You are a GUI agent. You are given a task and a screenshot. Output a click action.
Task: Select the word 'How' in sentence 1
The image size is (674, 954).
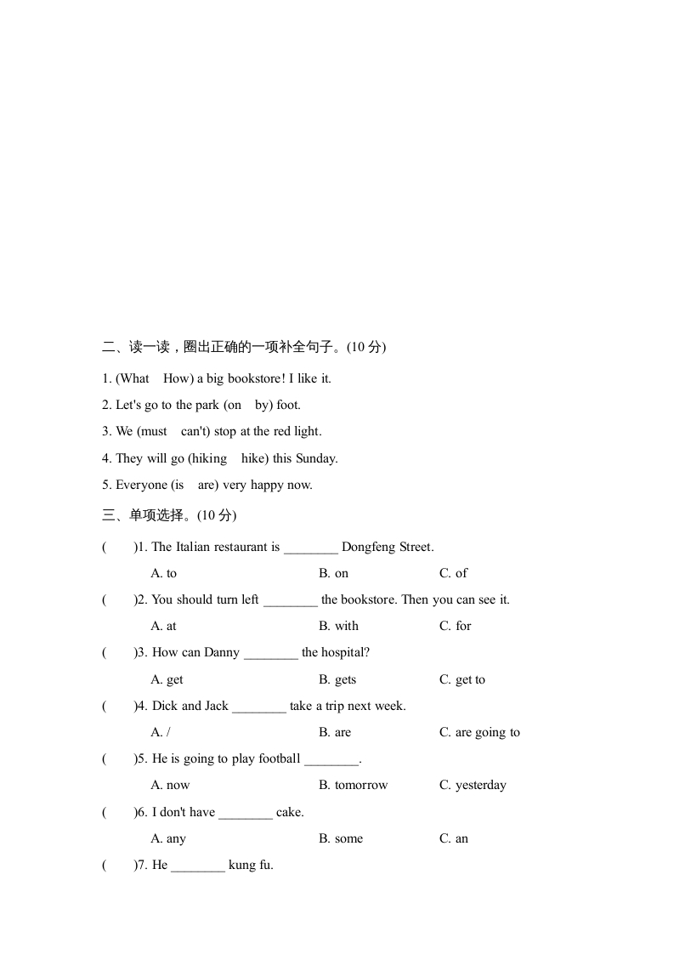pos(178,378)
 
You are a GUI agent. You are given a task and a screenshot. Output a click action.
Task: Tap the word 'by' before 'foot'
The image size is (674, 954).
pos(263,405)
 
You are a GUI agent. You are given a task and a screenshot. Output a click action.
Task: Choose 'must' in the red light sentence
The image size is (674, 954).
pos(154,431)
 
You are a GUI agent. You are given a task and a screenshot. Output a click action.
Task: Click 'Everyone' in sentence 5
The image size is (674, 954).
pos(140,485)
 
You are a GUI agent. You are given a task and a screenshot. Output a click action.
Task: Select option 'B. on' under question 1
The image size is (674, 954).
pos(333,573)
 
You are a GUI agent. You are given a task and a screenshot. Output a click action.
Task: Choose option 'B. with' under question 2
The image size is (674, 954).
pos(338,626)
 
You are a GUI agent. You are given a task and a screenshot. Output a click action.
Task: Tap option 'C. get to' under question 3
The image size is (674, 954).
pos(462,679)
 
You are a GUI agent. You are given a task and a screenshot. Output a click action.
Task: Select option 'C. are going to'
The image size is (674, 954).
pos(479,732)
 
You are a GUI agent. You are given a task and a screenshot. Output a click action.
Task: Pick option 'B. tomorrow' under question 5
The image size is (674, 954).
pos(353,785)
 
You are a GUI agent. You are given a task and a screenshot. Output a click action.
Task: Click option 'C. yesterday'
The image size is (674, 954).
pos(473,785)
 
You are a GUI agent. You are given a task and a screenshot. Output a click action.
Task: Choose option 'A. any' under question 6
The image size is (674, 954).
pos(168,838)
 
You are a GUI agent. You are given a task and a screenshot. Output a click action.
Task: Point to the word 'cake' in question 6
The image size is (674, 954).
pos(289,812)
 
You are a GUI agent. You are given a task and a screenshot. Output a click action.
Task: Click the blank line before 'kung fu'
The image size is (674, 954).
pos(198,866)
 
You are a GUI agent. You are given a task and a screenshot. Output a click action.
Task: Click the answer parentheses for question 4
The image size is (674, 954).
pos(118,706)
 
